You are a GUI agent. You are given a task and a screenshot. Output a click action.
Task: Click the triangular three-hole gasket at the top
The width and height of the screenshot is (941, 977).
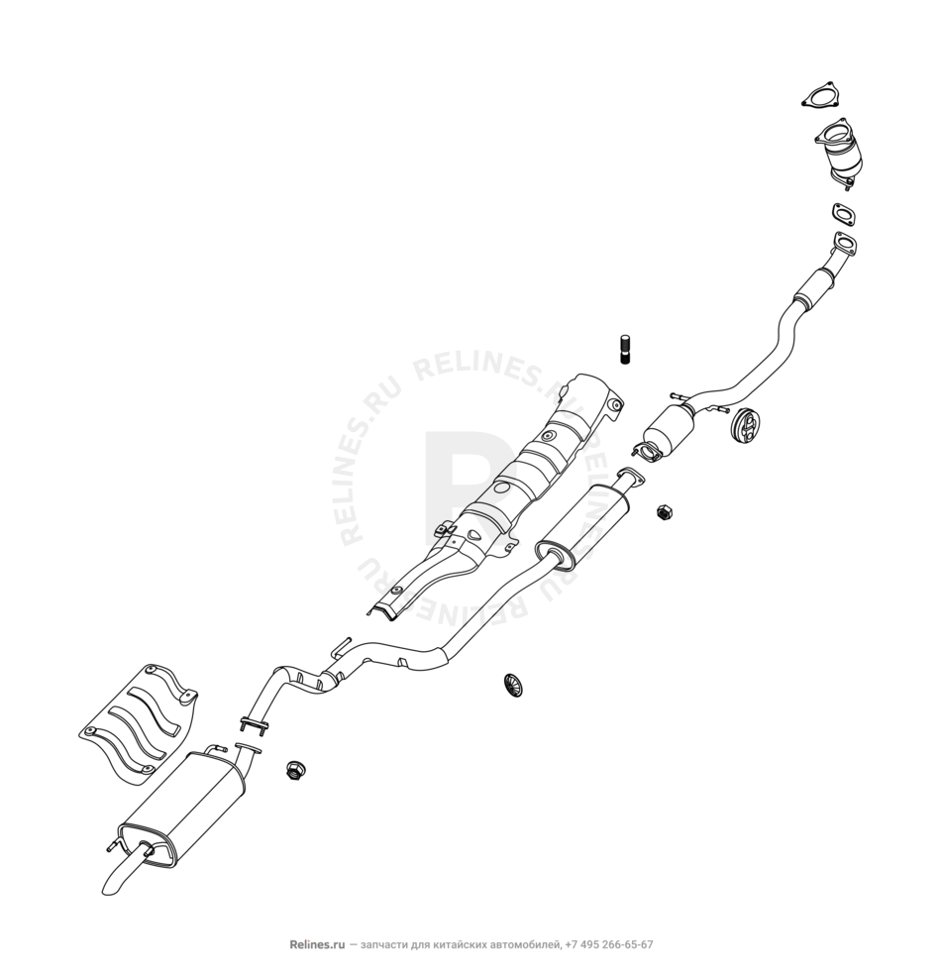click(x=817, y=98)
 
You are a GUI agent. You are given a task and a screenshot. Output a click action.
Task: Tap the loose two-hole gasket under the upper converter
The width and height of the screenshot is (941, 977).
click(x=843, y=213)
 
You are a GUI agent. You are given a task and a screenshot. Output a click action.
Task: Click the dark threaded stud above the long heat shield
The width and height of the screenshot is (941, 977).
click(x=626, y=350)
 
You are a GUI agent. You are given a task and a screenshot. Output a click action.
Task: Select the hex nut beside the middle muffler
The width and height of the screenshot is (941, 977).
click(x=665, y=512)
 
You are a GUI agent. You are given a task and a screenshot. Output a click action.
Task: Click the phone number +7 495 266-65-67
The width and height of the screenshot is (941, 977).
click(x=607, y=945)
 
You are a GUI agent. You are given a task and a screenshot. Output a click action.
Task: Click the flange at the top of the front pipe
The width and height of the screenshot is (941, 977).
click(x=843, y=244)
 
